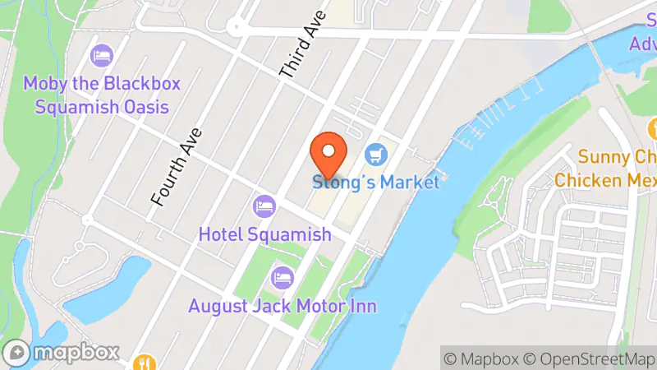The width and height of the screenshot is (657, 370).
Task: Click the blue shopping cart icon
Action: [377, 154]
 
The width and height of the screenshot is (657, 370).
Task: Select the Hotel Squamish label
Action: [264, 234]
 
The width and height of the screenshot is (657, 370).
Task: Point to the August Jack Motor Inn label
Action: [282, 307]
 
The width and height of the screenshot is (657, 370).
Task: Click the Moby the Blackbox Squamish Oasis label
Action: [102, 95]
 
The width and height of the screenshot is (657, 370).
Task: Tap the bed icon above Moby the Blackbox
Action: [102, 55]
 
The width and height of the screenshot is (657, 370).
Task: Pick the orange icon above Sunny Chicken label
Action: [654, 129]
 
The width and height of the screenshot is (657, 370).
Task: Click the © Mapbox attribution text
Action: [482, 358]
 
